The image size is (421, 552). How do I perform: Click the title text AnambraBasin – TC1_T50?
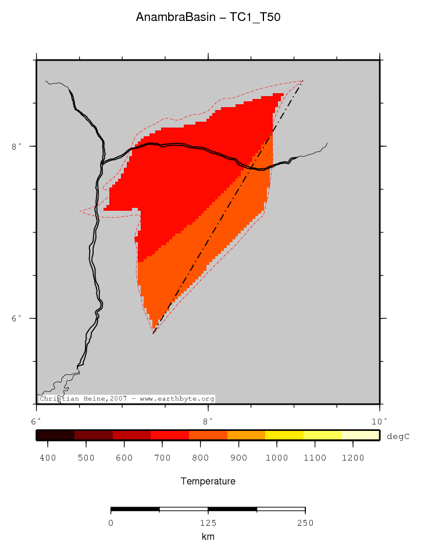click(208, 17)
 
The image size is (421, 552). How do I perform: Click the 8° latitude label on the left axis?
click(16, 146)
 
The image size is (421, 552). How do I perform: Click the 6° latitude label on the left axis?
click(16, 318)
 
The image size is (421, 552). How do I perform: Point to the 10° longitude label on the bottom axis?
click(379, 420)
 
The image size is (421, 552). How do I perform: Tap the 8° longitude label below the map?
click(208, 420)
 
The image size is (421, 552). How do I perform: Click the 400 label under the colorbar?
click(48, 458)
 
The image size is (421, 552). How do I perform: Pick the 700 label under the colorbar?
click(162, 458)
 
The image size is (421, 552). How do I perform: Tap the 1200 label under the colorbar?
click(353, 458)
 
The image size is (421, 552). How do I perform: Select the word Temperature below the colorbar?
click(208, 482)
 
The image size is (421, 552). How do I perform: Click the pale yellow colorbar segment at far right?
click(361, 435)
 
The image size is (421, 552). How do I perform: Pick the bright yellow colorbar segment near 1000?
click(284, 435)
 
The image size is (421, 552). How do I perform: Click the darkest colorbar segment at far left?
click(55, 435)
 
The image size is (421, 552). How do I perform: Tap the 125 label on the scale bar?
click(208, 523)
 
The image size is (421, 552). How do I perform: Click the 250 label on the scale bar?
click(305, 523)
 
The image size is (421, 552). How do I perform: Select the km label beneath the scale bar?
click(208, 537)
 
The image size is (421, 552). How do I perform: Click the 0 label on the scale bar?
click(111, 523)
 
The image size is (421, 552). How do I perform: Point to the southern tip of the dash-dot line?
click(154, 333)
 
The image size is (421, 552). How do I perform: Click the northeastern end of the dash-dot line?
click(301, 83)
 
